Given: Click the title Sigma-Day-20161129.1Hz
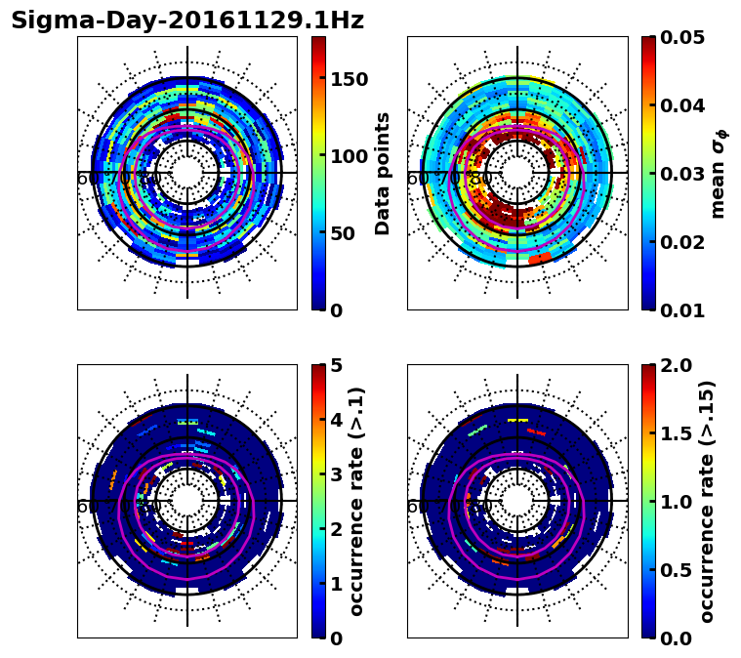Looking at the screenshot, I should tap(187, 21).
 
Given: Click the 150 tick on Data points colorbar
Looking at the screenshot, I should tap(349, 80).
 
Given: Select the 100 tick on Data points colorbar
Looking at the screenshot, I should tap(349, 156).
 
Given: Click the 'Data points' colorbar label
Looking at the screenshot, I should tap(383, 173).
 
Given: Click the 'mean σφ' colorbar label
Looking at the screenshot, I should tap(719, 173).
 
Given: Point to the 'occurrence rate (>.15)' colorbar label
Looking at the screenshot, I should tap(707, 501).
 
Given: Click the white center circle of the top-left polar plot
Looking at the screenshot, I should tap(187, 173).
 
